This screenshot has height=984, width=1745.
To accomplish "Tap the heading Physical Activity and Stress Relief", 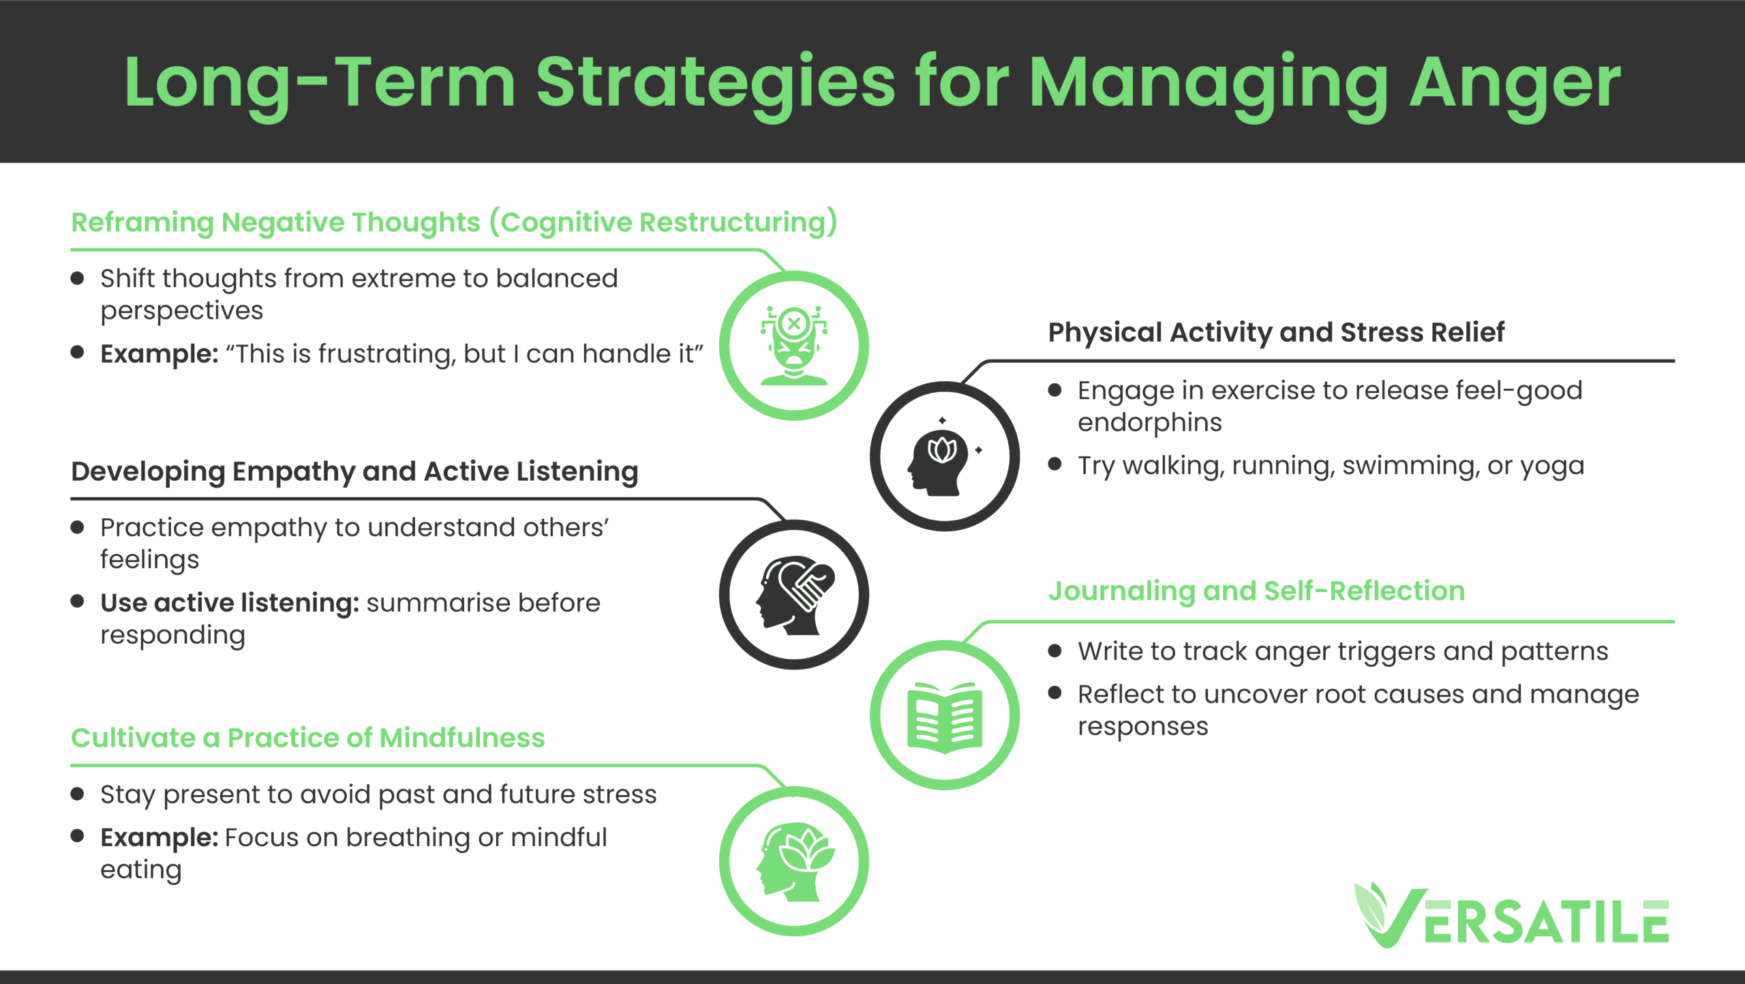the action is click(1276, 333).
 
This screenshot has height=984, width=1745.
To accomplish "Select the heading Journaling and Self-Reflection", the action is click(1256, 591).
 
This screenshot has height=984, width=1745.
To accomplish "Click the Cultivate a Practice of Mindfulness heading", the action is click(308, 737).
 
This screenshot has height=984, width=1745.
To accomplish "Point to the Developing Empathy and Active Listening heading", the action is click(354, 472).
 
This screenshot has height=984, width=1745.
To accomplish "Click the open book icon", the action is click(945, 717).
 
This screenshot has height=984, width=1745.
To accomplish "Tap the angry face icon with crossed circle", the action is click(794, 345).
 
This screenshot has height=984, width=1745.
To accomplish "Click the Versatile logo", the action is click(1511, 914).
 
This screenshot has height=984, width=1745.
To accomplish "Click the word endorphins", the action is click(1150, 423).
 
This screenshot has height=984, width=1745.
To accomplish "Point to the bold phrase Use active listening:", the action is click(230, 603).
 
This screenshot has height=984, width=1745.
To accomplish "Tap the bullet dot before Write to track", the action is click(1055, 651).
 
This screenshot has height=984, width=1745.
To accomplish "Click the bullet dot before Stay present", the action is click(77, 794).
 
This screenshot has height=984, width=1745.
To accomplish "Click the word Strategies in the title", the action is click(715, 84).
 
